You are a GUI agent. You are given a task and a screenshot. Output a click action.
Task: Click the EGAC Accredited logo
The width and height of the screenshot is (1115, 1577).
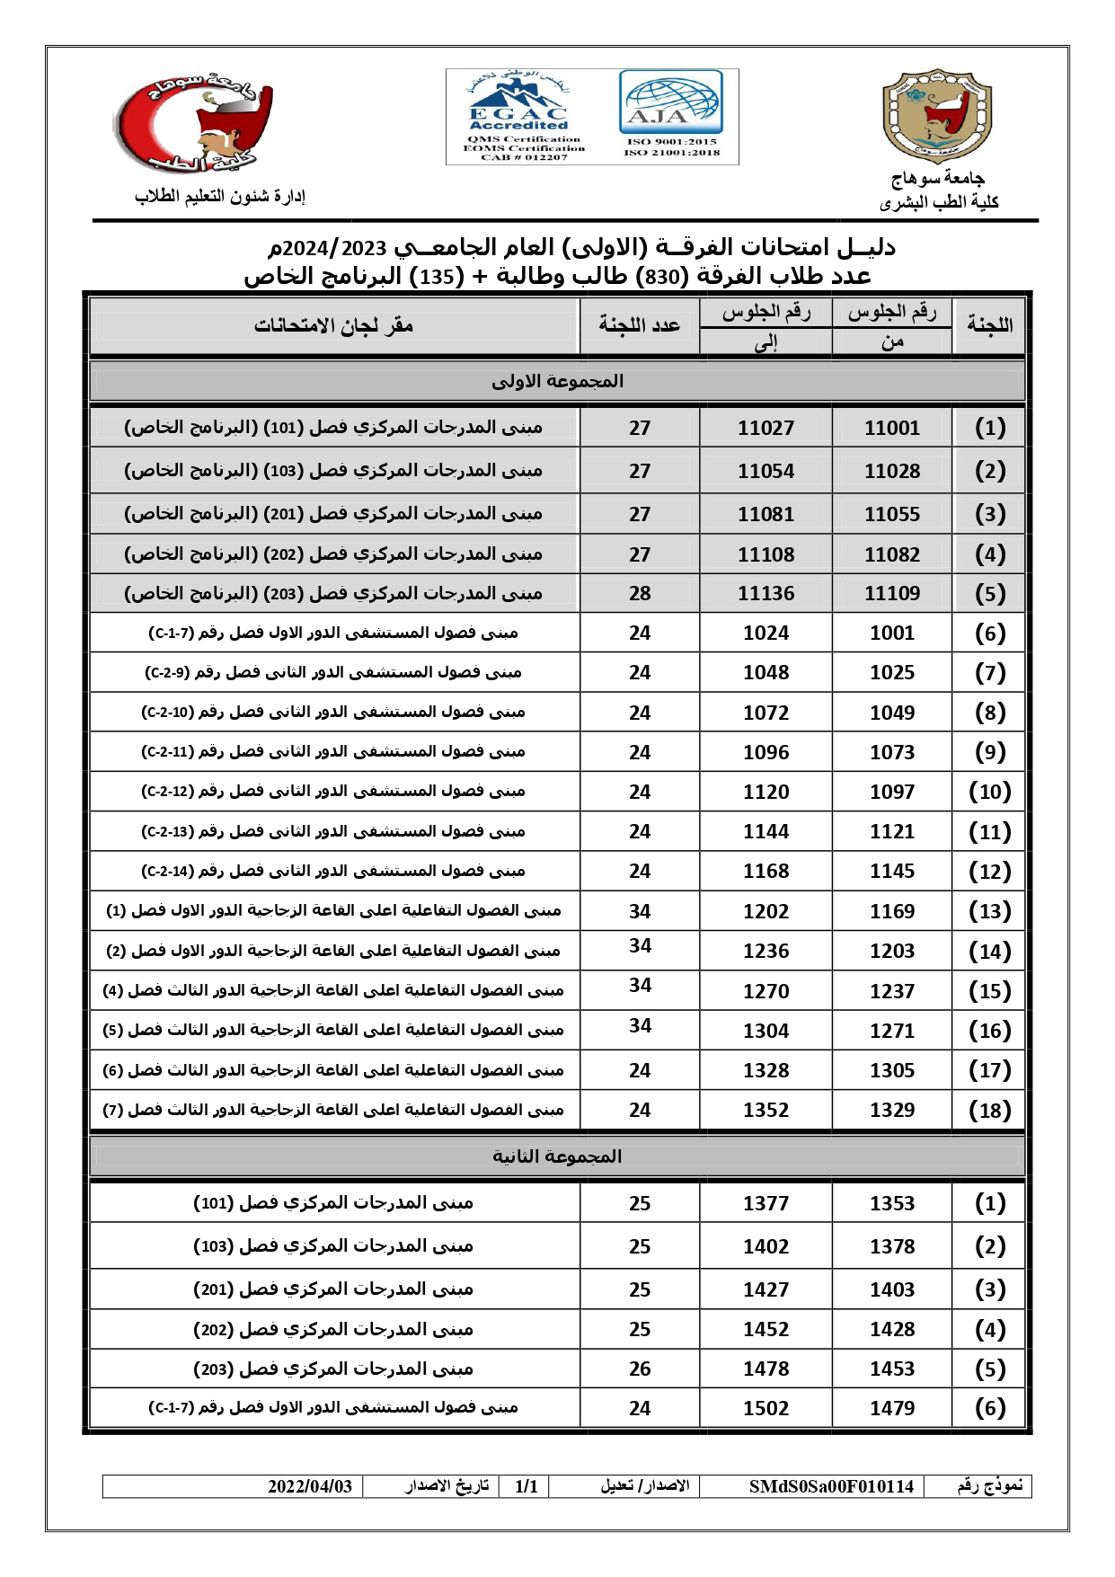pyautogui.click(x=518, y=117)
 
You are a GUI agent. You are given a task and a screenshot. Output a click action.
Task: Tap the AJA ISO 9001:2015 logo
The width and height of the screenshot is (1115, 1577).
pyautogui.click(x=670, y=115)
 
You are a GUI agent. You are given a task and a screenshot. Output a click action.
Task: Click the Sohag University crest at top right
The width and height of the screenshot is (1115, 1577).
pyautogui.click(x=937, y=116)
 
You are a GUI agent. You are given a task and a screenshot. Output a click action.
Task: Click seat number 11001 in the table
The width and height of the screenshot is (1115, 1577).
pyautogui.click(x=892, y=429)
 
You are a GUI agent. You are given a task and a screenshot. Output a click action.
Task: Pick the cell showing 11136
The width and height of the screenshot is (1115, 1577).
pyautogui.click(x=765, y=594)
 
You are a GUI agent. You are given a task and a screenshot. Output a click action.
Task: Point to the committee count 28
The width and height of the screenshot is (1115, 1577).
pyautogui.click(x=640, y=594)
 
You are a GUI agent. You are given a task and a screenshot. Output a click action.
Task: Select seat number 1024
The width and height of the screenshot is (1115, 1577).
pyautogui.click(x=765, y=633)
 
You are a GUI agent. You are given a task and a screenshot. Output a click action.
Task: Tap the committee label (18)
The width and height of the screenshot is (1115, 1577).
pyautogui.click(x=990, y=1111)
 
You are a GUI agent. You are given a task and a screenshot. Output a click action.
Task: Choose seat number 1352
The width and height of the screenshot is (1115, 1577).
pyautogui.click(x=765, y=1111)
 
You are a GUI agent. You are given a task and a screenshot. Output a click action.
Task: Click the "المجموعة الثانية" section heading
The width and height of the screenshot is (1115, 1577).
pyautogui.click(x=557, y=1156)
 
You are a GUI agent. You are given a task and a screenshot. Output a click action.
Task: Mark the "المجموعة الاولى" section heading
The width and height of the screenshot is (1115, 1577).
pyautogui.click(x=557, y=381)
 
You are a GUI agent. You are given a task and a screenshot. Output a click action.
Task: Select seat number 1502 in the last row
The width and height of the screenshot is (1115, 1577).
pyautogui.click(x=765, y=1409)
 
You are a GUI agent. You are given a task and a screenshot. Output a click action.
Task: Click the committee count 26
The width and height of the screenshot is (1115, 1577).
pyautogui.click(x=640, y=1369)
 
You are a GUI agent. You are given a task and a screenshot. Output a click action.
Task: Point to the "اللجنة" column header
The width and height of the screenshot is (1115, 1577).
pyautogui.click(x=989, y=325)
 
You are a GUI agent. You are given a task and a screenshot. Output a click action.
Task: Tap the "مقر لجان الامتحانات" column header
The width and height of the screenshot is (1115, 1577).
pyautogui.click(x=333, y=325)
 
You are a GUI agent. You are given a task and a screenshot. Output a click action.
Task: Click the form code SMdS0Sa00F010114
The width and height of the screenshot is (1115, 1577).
pyautogui.click(x=831, y=1487)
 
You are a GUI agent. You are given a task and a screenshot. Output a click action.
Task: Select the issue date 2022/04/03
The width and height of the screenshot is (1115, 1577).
pyautogui.click(x=310, y=1487)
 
